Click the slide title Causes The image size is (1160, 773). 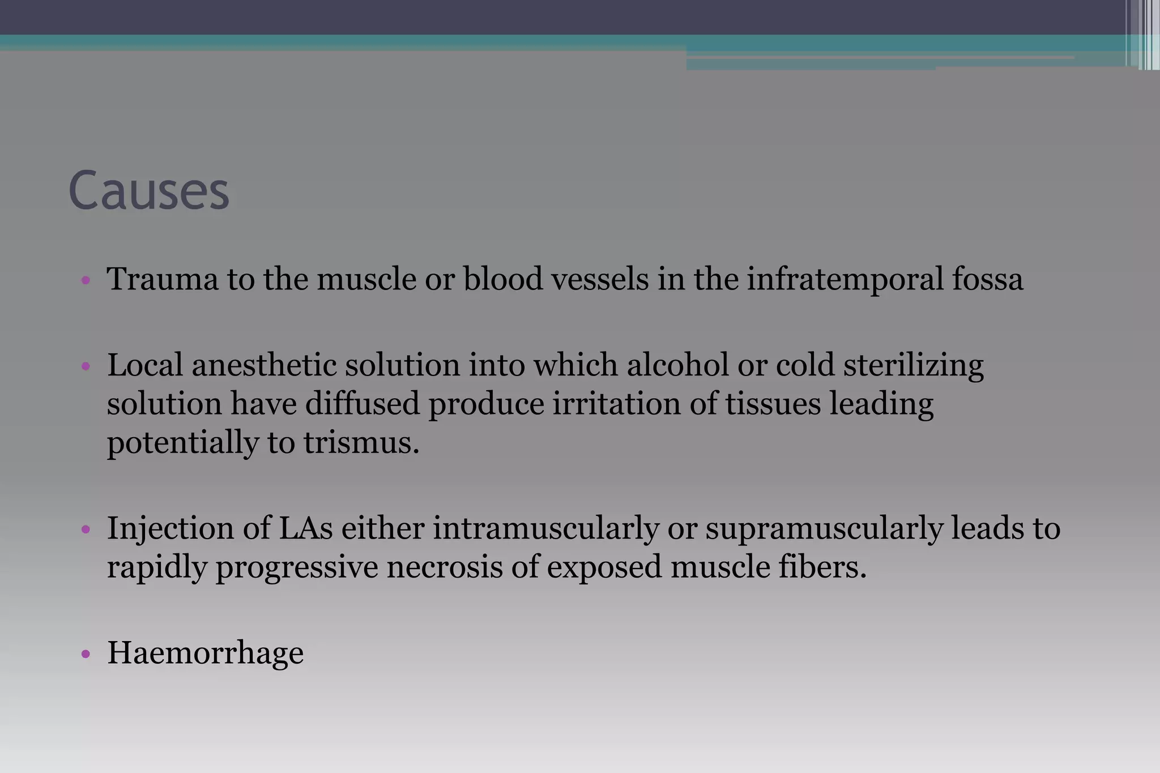click(x=148, y=191)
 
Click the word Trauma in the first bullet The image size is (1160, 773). click(x=163, y=279)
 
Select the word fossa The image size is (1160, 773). click(x=987, y=279)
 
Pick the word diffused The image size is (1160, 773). click(x=362, y=404)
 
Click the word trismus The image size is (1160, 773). click(x=361, y=442)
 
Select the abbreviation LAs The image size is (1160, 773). click(x=305, y=528)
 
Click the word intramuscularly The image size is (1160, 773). click(x=546, y=528)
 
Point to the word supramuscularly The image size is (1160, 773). click(x=824, y=528)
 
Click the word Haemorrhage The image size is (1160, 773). click(x=206, y=653)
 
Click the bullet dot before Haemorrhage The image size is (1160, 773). click(x=86, y=655)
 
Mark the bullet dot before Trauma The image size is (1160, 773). click(x=86, y=280)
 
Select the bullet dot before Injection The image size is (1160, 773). click(x=86, y=529)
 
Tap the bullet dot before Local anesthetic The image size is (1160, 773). click(x=86, y=366)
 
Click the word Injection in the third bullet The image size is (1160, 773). click(x=170, y=528)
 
